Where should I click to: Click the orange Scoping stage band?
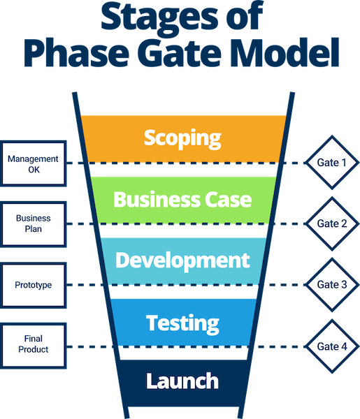point(183,139)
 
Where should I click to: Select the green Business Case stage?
point(183,200)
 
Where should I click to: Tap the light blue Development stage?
point(183,261)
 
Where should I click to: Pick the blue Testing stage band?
point(183,322)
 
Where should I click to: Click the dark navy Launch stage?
point(183,383)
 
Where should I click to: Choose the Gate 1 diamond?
point(332,163)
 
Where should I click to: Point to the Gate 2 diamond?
point(332,223)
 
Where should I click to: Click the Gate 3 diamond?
point(332,285)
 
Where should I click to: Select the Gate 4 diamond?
point(332,346)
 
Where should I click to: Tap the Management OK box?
point(33,163)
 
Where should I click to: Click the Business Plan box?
point(33,224)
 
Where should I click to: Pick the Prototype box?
point(33,285)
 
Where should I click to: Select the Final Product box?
point(33,346)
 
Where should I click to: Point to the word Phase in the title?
point(77,52)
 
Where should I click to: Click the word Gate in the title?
point(181,52)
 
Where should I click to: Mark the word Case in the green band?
point(228,200)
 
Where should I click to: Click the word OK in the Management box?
point(34,170)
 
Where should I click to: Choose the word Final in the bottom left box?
point(34,339)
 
